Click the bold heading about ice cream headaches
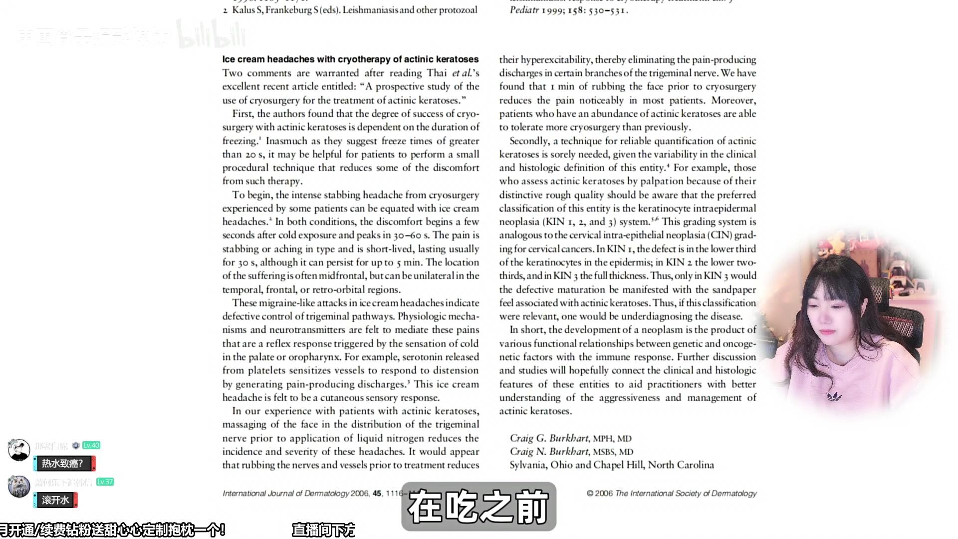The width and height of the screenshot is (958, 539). (350, 59)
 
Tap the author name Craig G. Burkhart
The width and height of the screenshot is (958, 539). (549, 438)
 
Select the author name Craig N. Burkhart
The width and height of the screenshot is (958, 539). (549, 452)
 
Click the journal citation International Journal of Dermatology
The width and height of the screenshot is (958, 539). (286, 494)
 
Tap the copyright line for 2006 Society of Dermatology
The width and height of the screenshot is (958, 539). (672, 494)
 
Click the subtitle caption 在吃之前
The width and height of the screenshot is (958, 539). (478, 507)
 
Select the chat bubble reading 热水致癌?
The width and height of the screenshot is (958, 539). (63, 464)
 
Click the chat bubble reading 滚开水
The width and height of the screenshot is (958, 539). (55, 500)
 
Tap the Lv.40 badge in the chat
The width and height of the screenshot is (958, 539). (91, 445)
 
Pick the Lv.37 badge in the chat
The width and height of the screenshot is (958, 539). (105, 482)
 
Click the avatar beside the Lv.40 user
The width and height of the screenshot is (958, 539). (19, 450)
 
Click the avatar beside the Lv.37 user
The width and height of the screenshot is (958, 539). (19, 487)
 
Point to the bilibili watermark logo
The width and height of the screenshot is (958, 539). (212, 35)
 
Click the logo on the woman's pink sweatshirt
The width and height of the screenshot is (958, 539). (834, 397)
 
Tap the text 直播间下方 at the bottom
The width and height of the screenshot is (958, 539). (323, 530)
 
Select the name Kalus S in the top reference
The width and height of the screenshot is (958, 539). (247, 10)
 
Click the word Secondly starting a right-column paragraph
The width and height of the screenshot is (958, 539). (529, 141)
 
